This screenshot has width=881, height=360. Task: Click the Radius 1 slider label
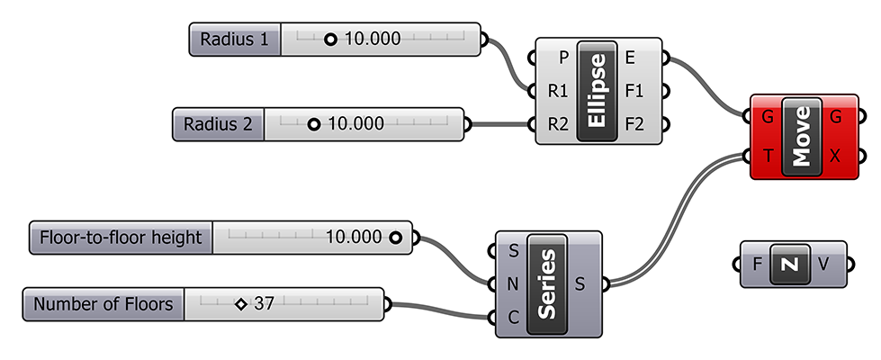click(234, 40)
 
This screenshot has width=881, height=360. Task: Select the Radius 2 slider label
click(217, 123)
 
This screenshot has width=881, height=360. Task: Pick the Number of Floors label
click(103, 304)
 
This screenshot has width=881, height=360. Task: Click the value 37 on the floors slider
click(264, 304)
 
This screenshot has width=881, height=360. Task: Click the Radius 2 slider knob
click(313, 123)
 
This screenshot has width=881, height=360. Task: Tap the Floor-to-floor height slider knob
click(395, 238)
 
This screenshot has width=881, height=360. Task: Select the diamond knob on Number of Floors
click(240, 304)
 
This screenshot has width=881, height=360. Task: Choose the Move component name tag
click(802, 136)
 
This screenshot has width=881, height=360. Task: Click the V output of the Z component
click(824, 264)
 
